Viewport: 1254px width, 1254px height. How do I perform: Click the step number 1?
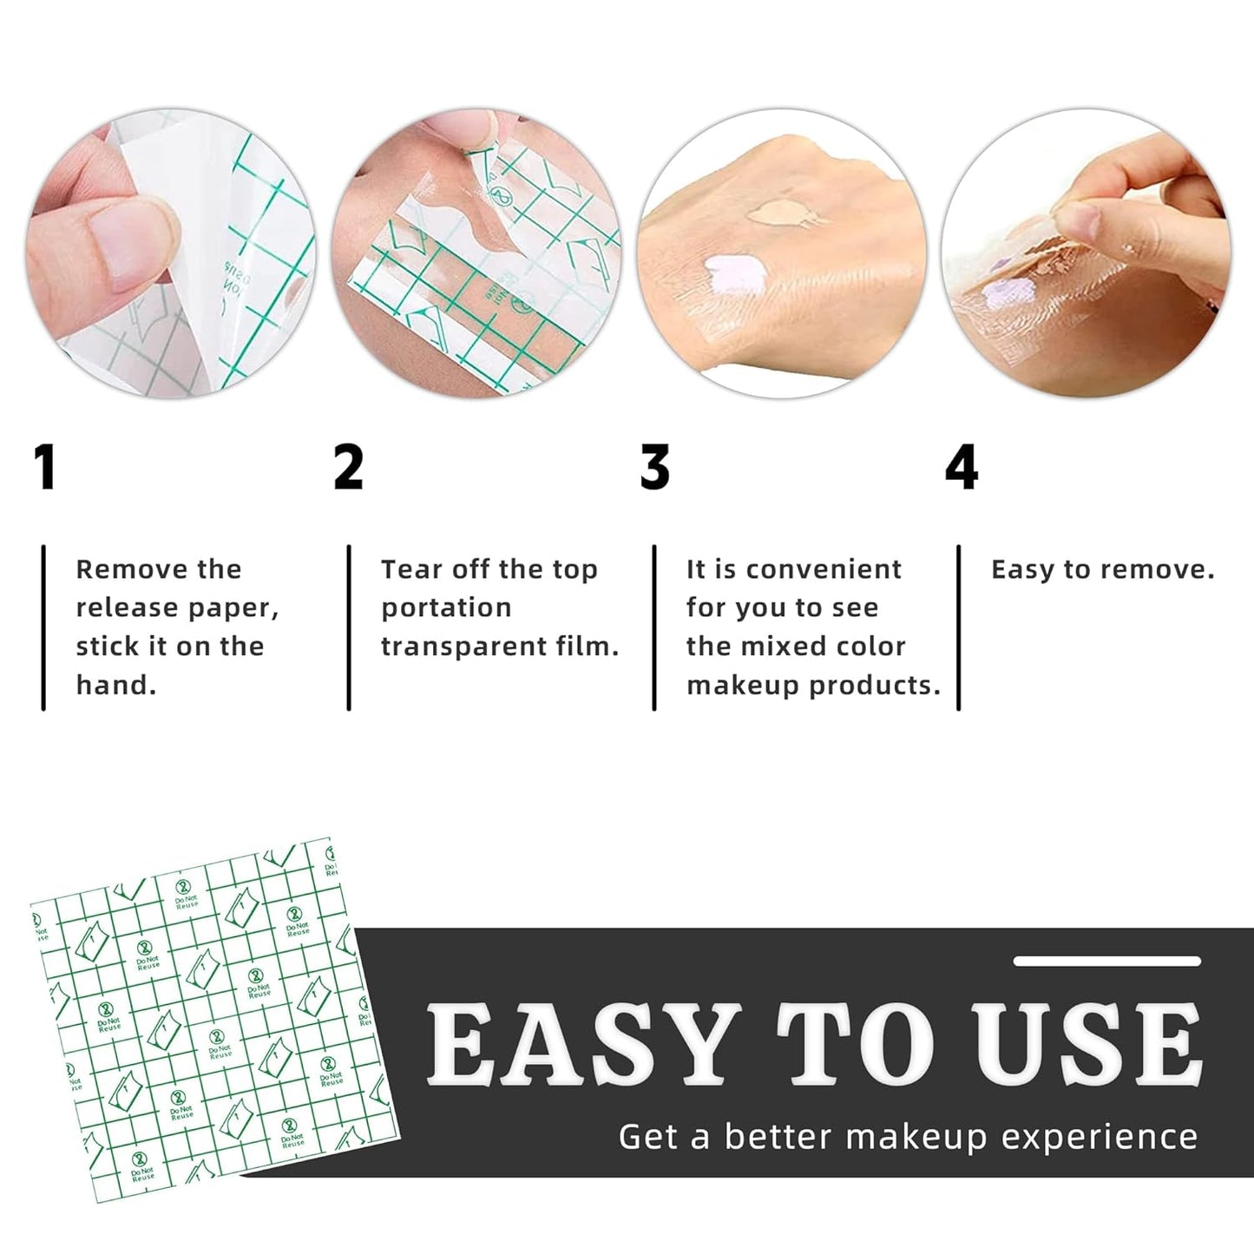tap(45, 468)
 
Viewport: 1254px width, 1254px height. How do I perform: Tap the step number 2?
tap(349, 468)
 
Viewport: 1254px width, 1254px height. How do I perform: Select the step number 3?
tap(655, 468)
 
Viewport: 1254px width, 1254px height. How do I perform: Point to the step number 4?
tap(962, 468)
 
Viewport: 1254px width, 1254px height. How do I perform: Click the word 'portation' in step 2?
tap(446, 607)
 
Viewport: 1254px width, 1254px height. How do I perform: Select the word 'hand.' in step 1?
tap(116, 685)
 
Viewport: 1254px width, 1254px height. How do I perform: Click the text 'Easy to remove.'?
tap(1102, 569)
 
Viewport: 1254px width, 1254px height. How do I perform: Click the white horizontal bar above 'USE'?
tap(1107, 962)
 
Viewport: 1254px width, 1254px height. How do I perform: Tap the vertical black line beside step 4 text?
tap(959, 627)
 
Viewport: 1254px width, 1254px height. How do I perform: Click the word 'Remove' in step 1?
tap(120, 569)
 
